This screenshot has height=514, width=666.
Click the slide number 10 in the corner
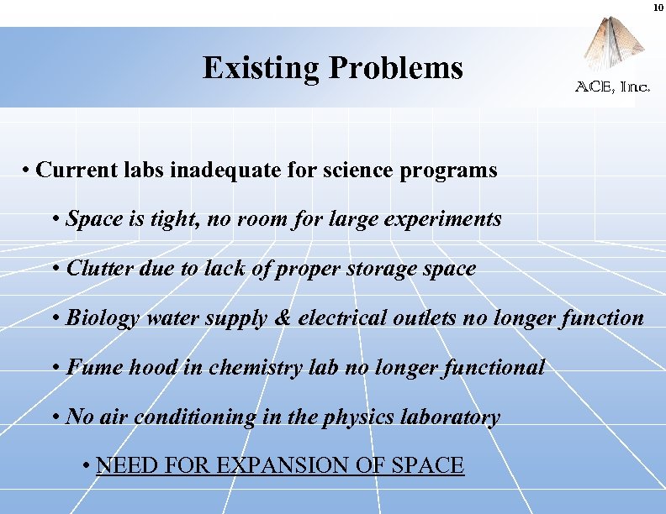658,8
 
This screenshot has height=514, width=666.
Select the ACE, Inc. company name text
612,87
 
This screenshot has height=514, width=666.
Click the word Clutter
95,269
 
